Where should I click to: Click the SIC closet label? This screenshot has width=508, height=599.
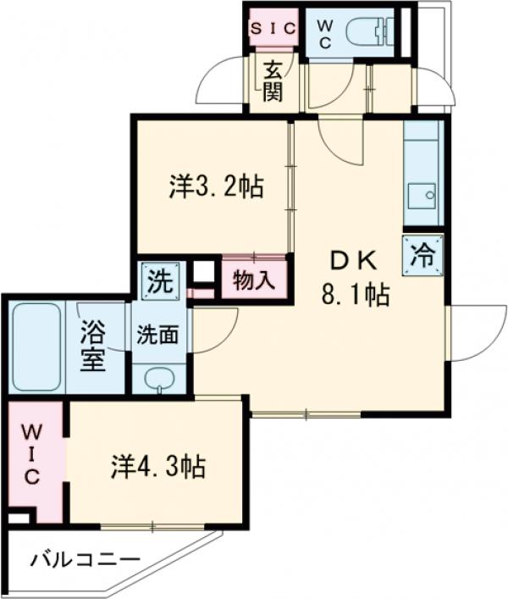(x=272, y=28)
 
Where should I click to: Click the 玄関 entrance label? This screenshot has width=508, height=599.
(x=272, y=80)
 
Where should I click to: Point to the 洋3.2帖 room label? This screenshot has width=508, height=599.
(x=215, y=186)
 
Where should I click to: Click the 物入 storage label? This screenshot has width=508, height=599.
(x=254, y=280)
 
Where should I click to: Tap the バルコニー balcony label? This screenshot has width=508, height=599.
(x=86, y=559)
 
